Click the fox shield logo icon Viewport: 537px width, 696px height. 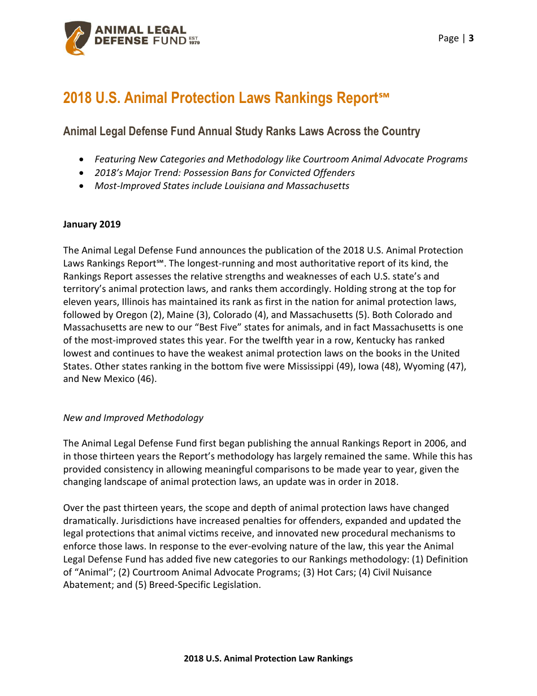(77, 38)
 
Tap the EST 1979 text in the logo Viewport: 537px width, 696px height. (194, 41)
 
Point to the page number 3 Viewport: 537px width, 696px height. (471, 38)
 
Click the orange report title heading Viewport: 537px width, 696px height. (226, 98)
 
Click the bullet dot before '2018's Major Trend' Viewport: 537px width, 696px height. (83, 173)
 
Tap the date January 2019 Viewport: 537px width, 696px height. (92, 224)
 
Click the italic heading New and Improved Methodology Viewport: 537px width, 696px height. (133, 418)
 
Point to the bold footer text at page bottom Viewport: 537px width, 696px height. (268, 658)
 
